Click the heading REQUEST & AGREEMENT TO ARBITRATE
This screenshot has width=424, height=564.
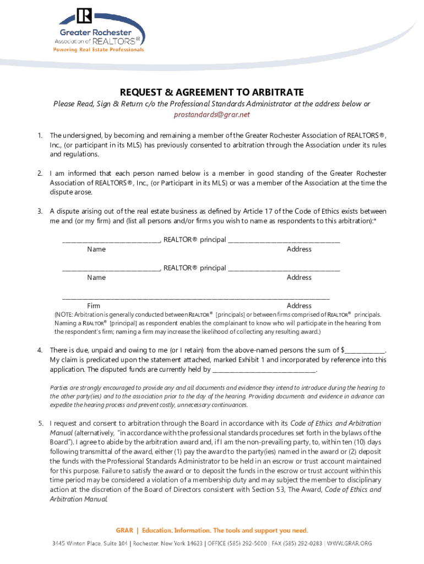211,92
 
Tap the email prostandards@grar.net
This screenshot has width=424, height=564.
211,115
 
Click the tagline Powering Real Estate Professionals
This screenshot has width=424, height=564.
98,50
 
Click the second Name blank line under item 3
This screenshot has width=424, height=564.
110,269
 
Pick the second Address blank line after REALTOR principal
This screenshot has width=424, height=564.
284,269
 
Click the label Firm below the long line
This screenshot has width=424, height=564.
94,306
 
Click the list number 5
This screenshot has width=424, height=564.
40,424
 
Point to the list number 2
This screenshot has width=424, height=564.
40,173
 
